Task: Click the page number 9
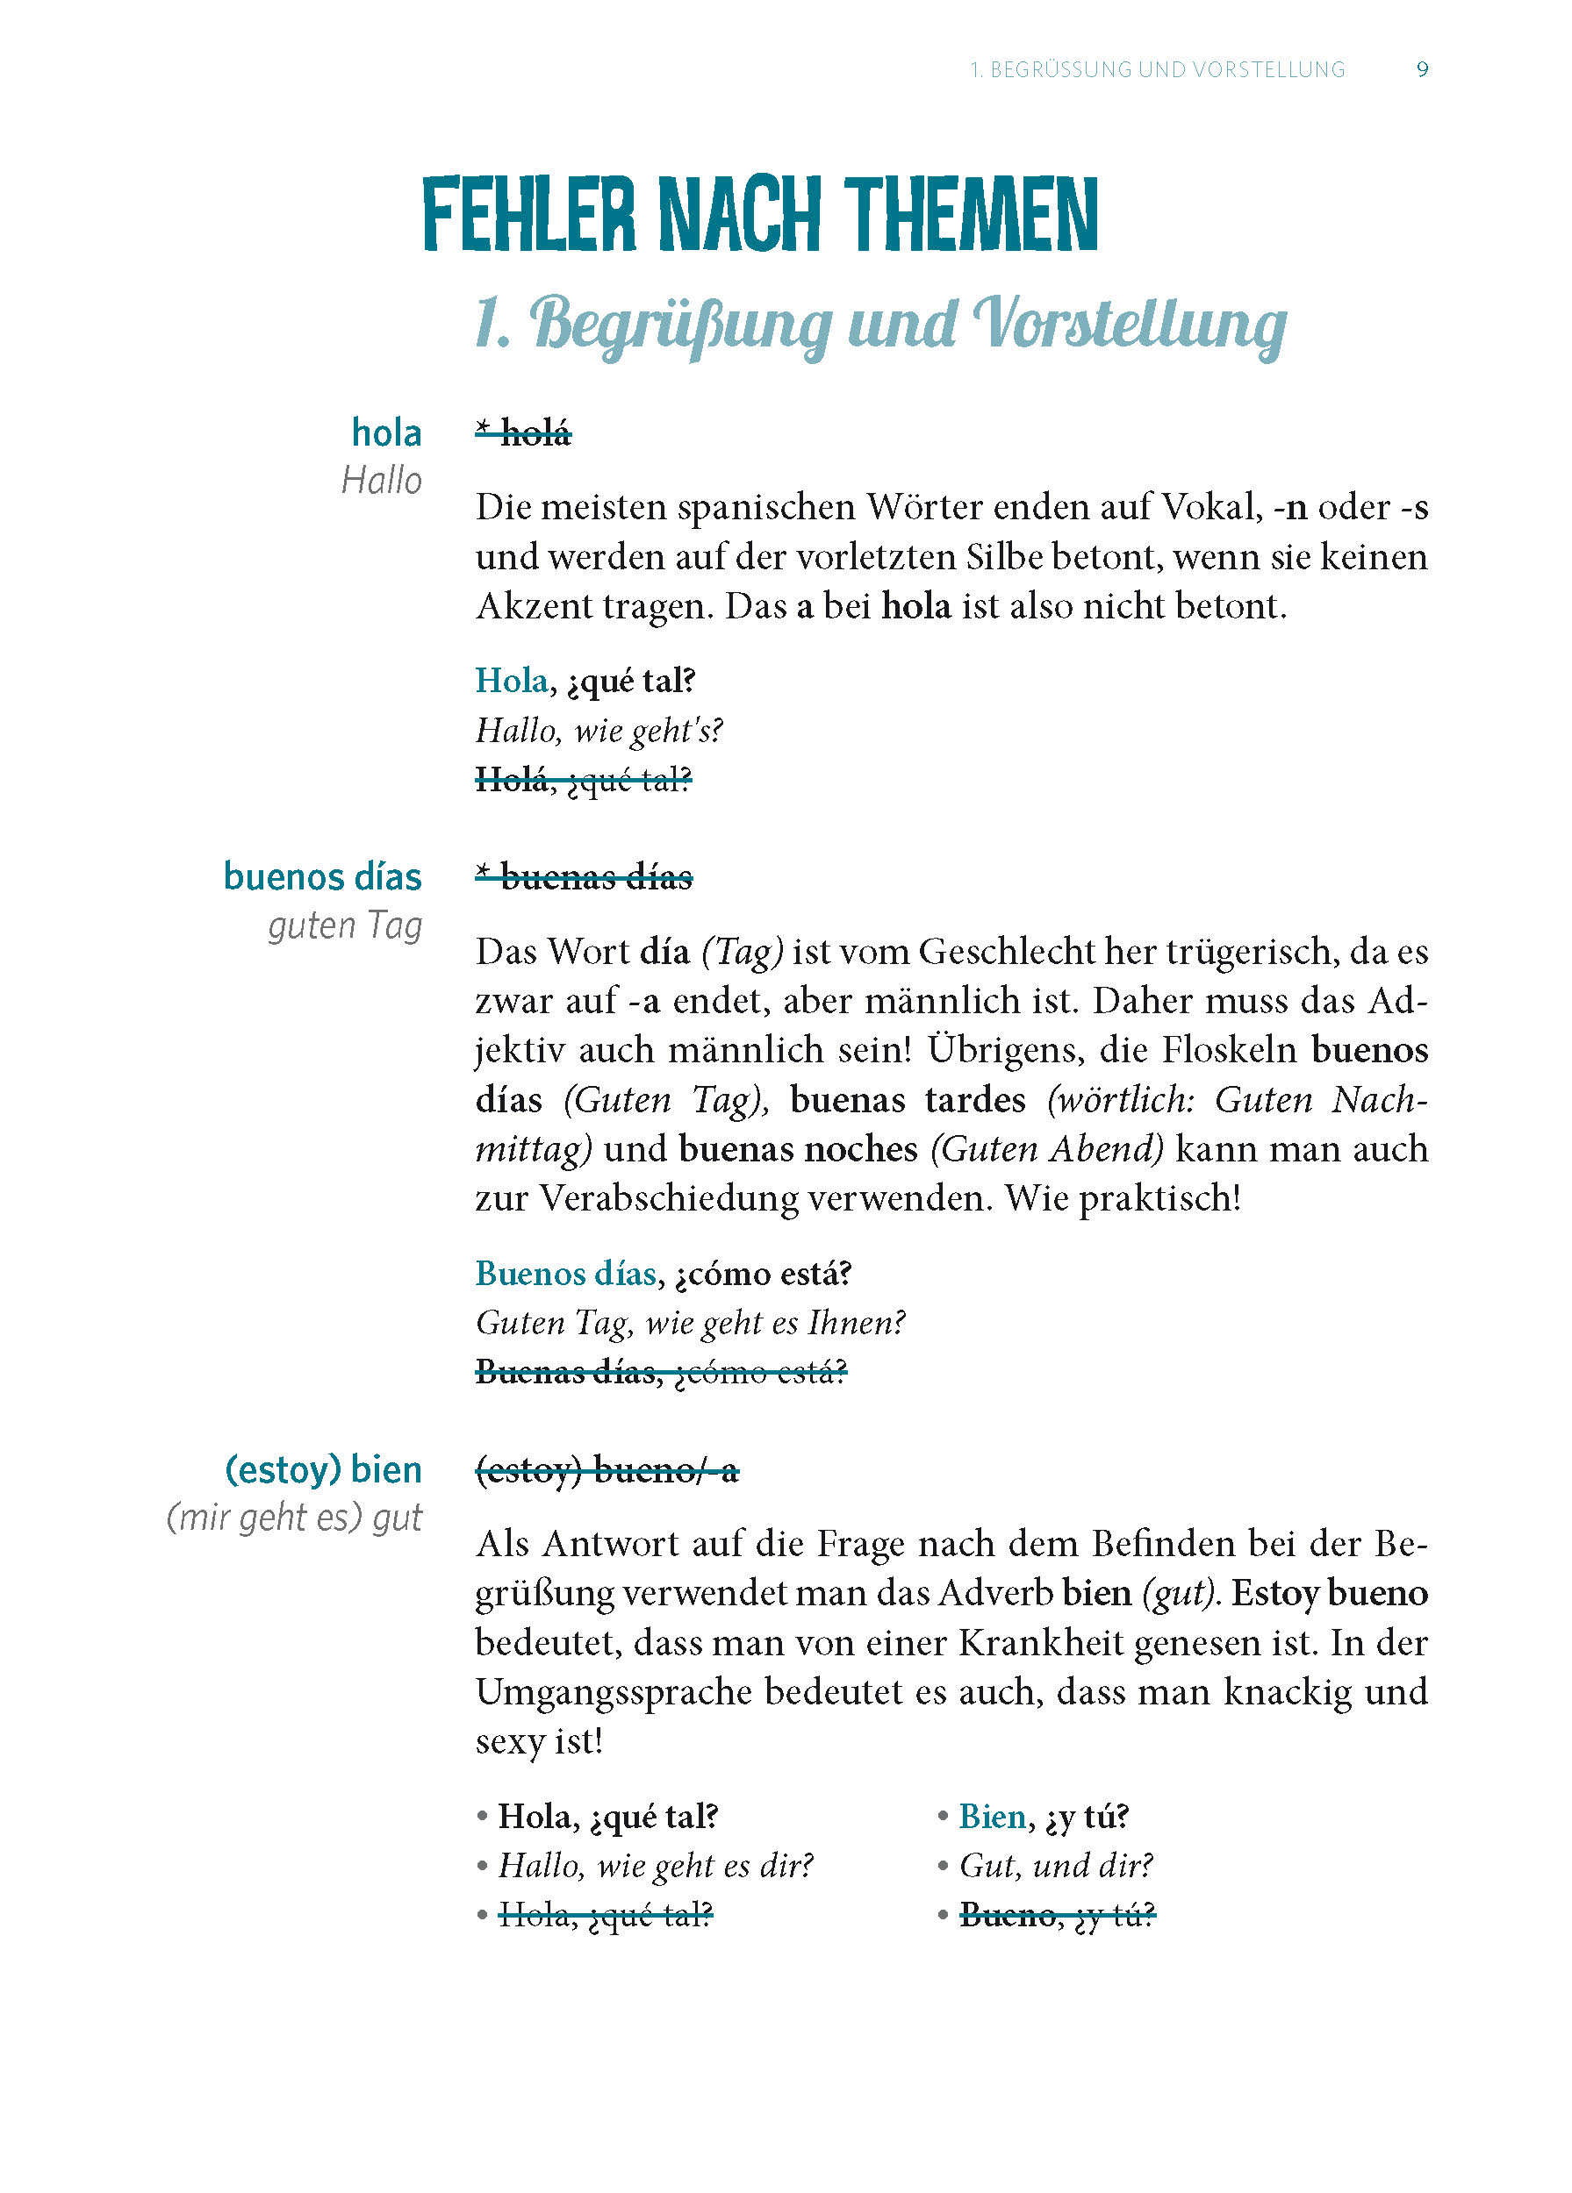[1422, 69]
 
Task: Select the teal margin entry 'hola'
[386, 433]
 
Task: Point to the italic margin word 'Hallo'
[381, 481]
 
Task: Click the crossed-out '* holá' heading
[523, 434]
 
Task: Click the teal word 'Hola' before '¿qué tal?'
[512, 681]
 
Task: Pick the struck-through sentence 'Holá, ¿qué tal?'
[584, 779]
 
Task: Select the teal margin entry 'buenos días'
[322, 877]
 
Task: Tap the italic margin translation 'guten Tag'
[344, 926]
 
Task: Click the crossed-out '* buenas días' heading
[584, 878]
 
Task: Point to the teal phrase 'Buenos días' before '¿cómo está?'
[566, 1274]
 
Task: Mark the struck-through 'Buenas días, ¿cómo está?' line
[661, 1372]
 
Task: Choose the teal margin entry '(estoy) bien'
[323, 1469]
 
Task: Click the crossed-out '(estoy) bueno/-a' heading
[607, 1471]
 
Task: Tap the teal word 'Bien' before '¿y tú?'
[992, 1817]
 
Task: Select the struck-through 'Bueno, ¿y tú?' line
[1058, 1916]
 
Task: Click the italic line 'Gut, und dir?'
[1055, 1865]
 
